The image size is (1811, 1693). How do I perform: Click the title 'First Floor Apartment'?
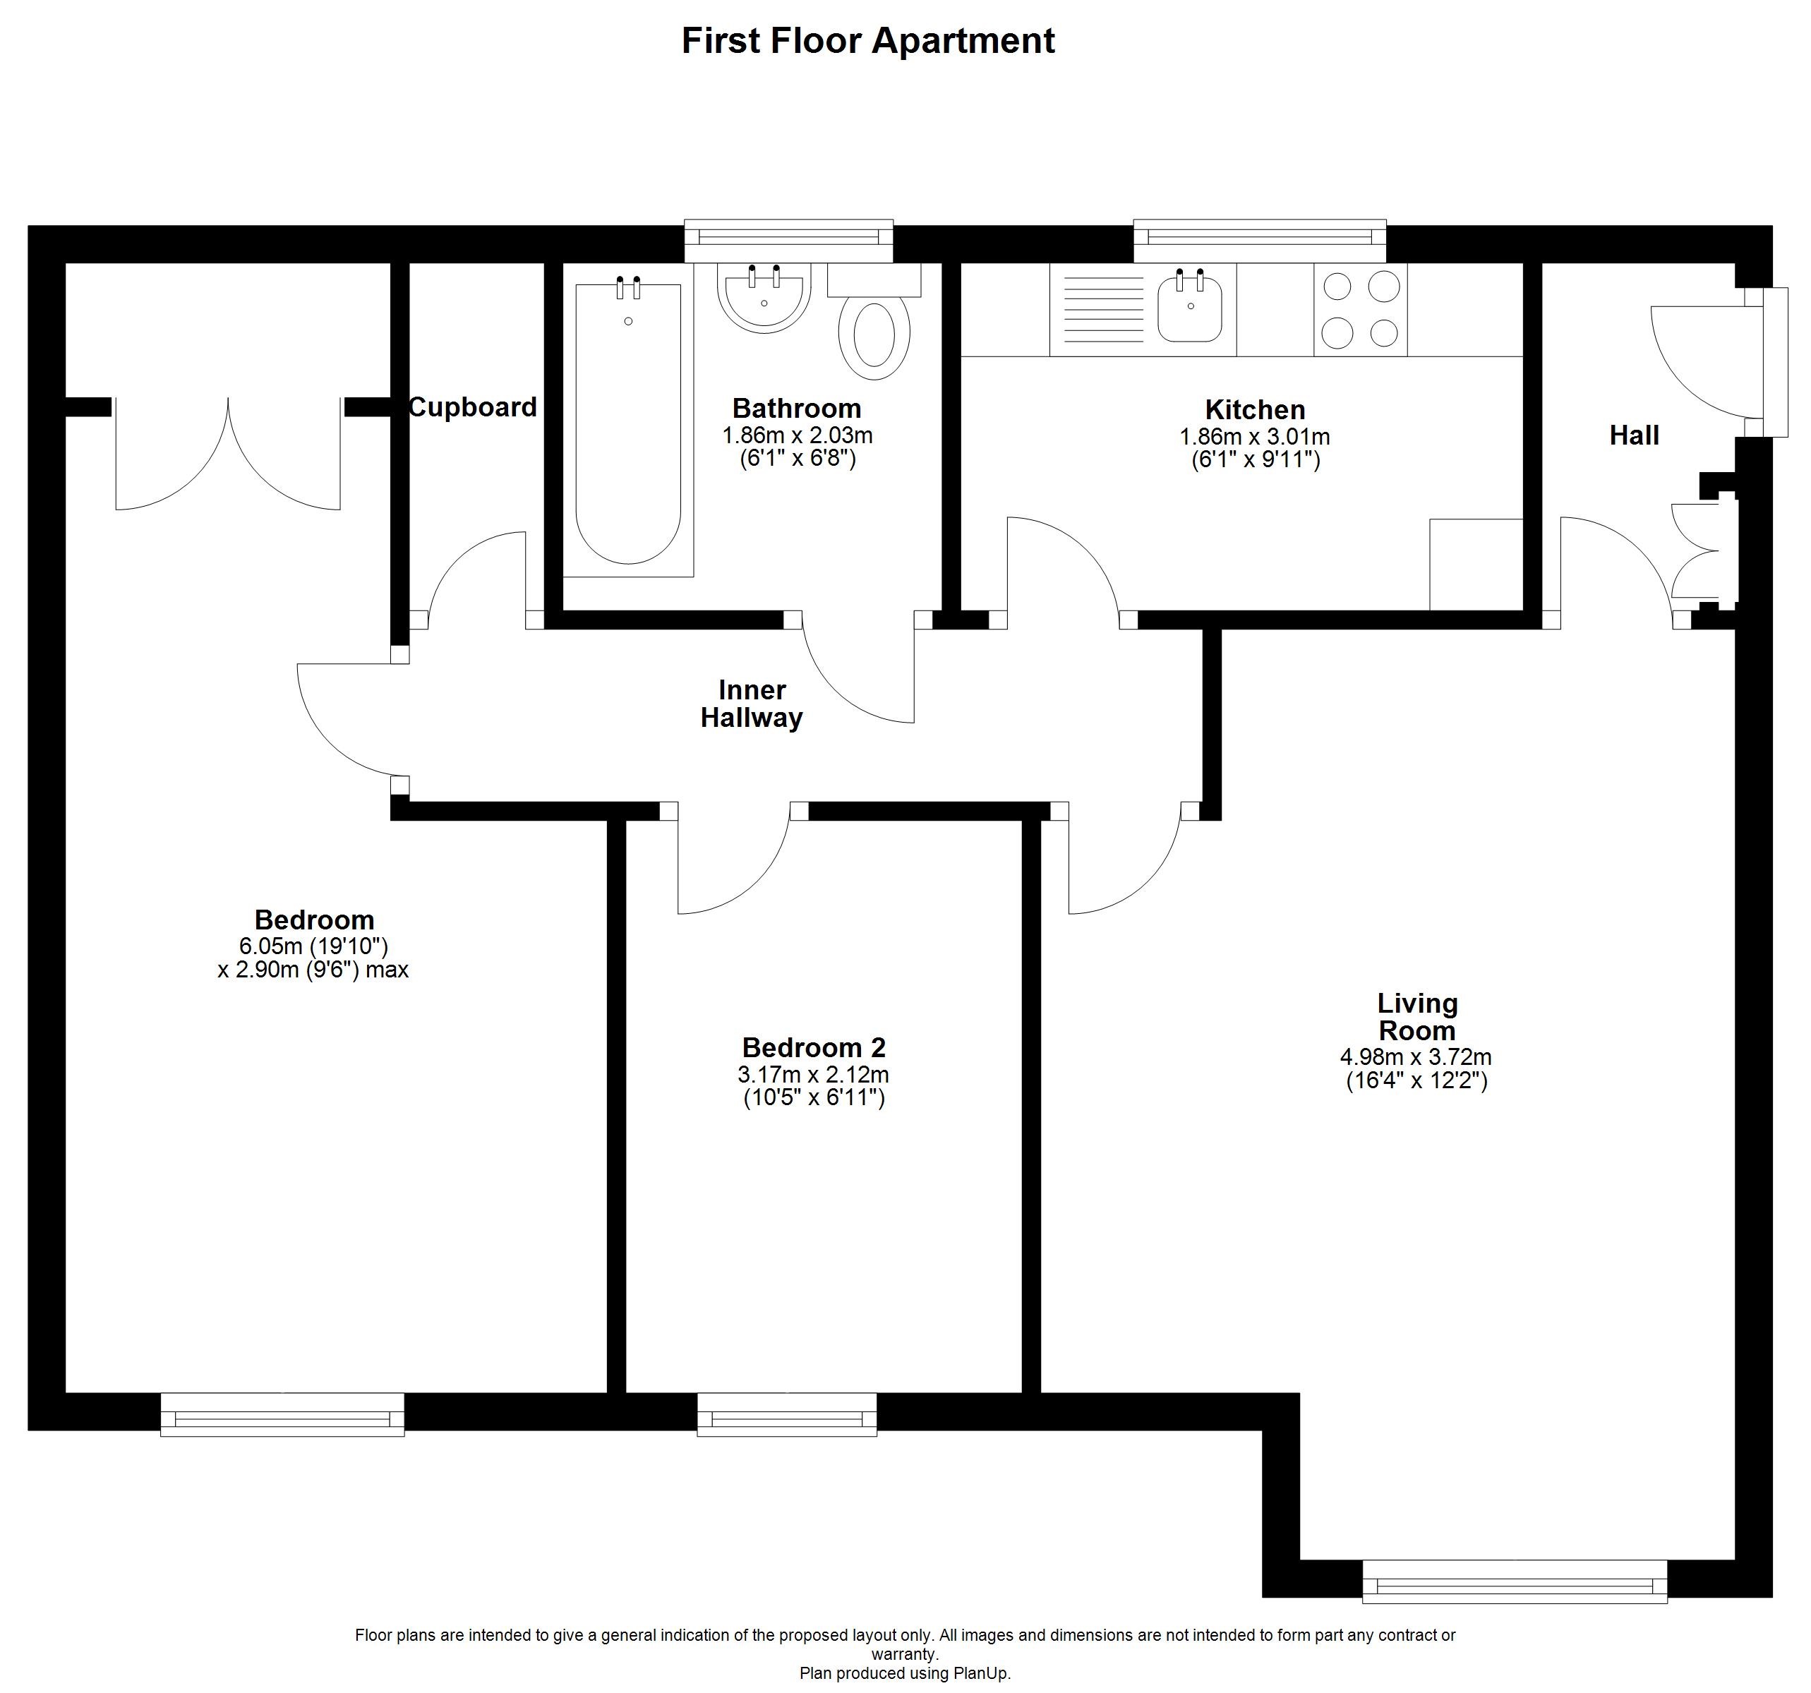coord(868,42)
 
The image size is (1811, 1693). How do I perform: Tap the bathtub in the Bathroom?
coord(629,424)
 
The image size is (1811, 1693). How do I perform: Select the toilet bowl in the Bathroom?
coord(874,339)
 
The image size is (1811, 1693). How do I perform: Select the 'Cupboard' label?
coord(473,407)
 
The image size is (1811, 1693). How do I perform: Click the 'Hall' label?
coord(1635,435)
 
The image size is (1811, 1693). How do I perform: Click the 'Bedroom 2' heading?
coord(814,1047)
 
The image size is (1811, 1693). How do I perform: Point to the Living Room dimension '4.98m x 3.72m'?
coord(1416,1057)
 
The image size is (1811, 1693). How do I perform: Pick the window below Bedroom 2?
coord(787,1414)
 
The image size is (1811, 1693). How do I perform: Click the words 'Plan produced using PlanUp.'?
coord(905,1673)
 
